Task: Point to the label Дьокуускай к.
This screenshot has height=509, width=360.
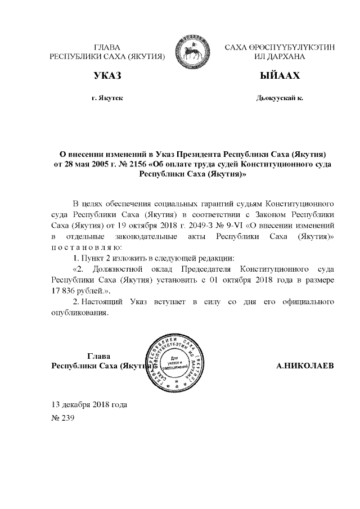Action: coord(280,98)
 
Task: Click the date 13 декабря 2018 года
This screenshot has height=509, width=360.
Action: coord(89,404)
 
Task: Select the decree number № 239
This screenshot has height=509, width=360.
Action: coord(62,418)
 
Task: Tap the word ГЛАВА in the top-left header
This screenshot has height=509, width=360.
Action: coord(107,47)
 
